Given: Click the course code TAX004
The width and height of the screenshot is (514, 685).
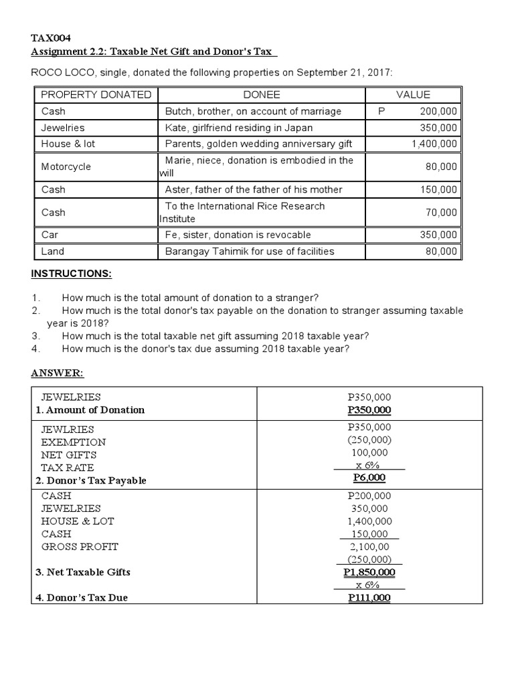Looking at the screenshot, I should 51,38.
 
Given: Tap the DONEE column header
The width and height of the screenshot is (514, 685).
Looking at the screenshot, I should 261,95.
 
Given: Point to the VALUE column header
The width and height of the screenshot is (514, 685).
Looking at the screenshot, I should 413,95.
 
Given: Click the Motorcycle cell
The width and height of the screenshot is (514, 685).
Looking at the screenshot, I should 66,167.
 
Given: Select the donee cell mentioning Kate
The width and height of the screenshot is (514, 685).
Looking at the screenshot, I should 239,127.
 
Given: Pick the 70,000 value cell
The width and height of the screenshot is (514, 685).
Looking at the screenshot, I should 440,213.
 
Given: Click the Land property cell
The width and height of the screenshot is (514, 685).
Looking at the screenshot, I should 53,252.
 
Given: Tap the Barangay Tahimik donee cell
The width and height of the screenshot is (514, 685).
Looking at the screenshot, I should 250,252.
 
